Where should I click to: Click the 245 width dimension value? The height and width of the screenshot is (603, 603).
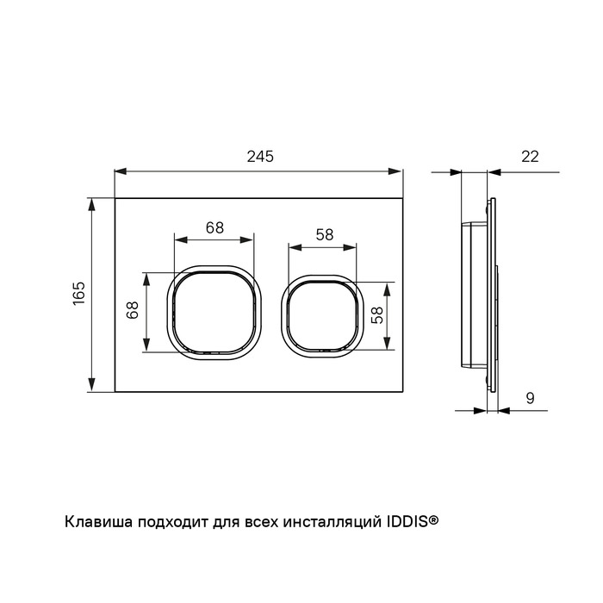pyautogui.click(x=260, y=157)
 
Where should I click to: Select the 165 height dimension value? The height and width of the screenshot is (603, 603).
pyautogui.click(x=79, y=294)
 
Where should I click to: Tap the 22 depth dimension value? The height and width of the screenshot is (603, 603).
pyautogui.click(x=530, y=157)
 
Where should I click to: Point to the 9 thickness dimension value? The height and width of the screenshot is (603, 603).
pyautogui.click(x=531, y=398)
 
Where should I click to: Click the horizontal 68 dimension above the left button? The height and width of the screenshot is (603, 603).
pyautogui.click(x=214, y=227)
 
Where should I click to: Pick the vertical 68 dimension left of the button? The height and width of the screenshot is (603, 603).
pyautogui.click(x=133, y=310)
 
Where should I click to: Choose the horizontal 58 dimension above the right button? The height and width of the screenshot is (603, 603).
pyautogui.click(x=325, y=234)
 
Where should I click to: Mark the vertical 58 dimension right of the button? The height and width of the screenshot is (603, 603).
pyautogui.click(x=377, y=315)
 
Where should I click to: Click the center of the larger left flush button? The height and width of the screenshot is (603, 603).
pyautogui.click(x=214, y=312)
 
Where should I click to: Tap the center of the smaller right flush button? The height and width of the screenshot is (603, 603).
pyautogui.click(x=323, y=316)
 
